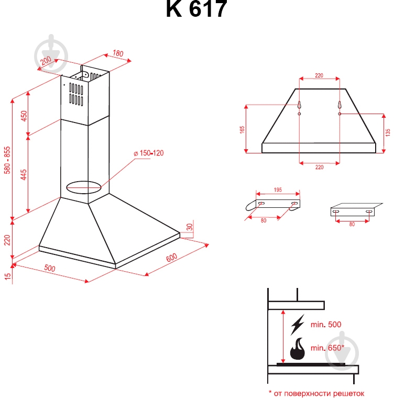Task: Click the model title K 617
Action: (x=196, y=9)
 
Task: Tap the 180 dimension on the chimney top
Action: (x=117, y=53)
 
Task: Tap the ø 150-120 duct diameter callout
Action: (x=149, y=153)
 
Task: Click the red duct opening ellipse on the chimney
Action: (x=83, y=186)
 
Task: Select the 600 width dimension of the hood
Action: (x=171, y=258)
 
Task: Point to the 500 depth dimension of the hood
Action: (x=49, y=268)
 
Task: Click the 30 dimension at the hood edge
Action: (x=190, y=228)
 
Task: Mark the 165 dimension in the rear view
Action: (x=242, y=129)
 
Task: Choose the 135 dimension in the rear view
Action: (x=388, y=132)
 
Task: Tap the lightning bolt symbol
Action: (x=297, y=325)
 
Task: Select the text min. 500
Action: (x=325, y=325)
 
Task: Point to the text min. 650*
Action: (x=327, y=348)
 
